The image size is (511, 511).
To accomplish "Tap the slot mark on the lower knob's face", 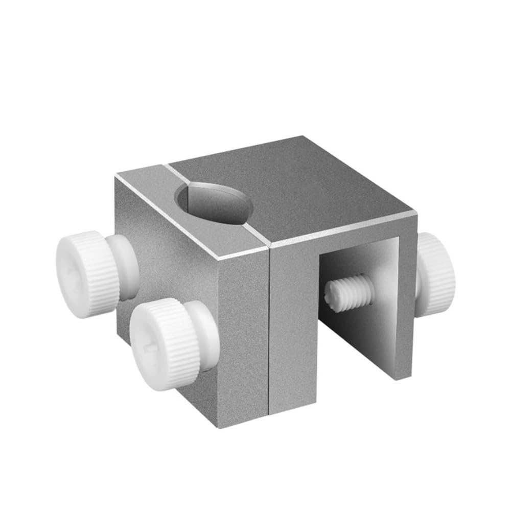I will (148, 348).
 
